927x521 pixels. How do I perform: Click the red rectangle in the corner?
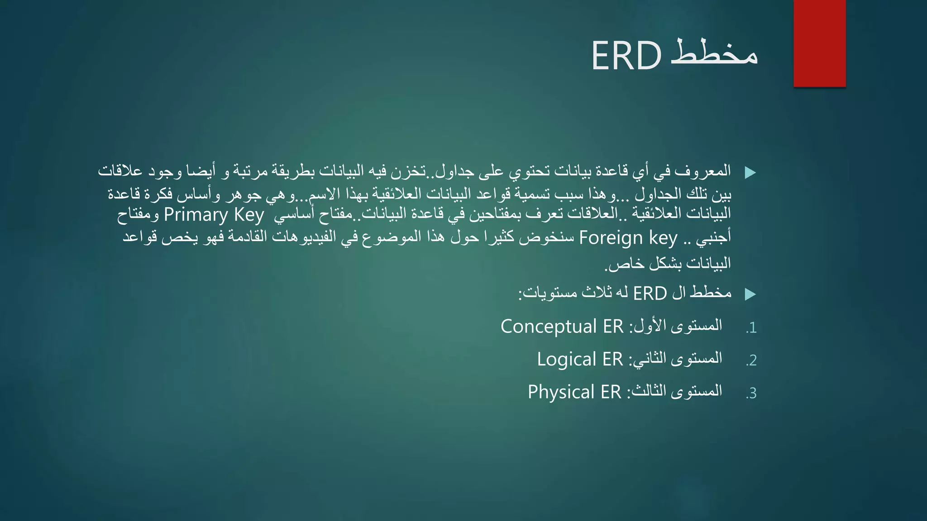tap(819, 43)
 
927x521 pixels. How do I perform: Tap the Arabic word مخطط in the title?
tap(714, 53)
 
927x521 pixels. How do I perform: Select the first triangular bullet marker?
tap(750, 172)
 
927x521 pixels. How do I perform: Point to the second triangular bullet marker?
tap(750, 294)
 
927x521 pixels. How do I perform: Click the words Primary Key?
tap(214, 214)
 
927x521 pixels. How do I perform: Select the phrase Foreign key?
tap(628, 237)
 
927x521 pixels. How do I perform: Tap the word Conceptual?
tap(549, 327)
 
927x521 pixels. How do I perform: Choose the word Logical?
tap(566, 359)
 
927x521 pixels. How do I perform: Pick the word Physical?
tap(561, 392)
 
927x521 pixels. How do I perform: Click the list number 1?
tap(752, 328)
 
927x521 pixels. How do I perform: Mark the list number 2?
tap(752, 360)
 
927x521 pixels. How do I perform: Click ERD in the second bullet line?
tap(650, 294)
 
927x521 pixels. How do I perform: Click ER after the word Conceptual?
tap(613, 327)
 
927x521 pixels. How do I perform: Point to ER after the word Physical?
tap(611, 392)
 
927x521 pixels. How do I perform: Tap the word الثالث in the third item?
tap(647, 390)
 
